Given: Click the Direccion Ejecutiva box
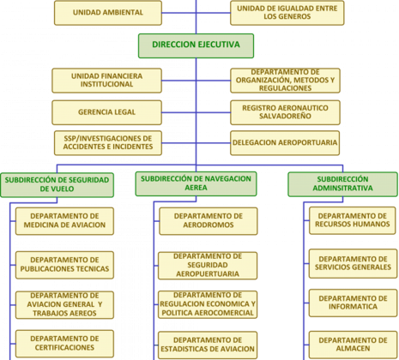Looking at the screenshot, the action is click(x=196, y=45).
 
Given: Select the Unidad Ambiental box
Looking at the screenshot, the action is click(x=108, y=13).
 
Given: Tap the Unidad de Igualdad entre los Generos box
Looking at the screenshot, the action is click(x=287, y=13).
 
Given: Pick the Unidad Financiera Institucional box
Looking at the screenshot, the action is click(x=106, y=81).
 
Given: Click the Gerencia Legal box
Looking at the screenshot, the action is click(x=106, y=112).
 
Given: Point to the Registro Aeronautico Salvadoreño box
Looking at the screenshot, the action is click(x=285, y=112).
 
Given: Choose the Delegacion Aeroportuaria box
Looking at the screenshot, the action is click(x=285, y=143).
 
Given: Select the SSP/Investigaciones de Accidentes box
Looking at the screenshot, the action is click(x=108, y=143).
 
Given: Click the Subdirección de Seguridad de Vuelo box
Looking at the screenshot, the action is click(x=57, y=184).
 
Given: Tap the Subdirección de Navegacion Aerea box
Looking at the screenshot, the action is click(x=196, y=183).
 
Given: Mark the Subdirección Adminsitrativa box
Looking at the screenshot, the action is click(x=342, y=184).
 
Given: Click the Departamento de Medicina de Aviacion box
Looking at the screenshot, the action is click(x=64, y=221).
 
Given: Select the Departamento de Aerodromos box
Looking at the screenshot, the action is click(x=209, y=221).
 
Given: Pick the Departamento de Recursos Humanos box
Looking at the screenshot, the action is click(x=353, y=220).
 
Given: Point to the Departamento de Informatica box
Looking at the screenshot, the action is click(x=353, y=303).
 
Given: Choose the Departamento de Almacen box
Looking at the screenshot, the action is click(x=353, y=345).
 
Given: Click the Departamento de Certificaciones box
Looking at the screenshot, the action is click(x=64, y=344).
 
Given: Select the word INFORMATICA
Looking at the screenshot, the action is click(x=353, y=307).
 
